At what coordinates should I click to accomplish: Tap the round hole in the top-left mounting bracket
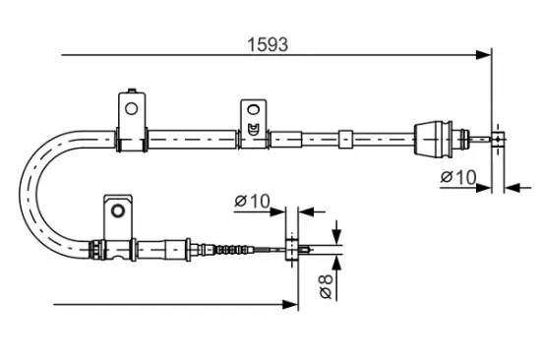coord(130,100)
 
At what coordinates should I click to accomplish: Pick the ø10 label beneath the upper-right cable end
coord(458,177)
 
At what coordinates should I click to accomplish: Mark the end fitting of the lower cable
coord(292,249)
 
